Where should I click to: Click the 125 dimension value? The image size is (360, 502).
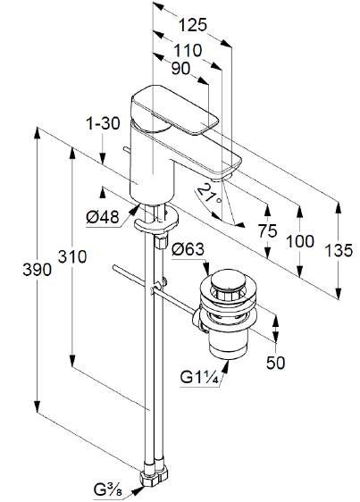(192, 25)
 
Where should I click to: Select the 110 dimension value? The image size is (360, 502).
(188, 50)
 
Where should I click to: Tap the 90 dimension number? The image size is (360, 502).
(180, 68)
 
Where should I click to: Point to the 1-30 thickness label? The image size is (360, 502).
(103, 123)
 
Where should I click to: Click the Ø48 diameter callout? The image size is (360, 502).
(102, 217)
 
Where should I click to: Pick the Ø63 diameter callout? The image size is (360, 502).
(188, 249)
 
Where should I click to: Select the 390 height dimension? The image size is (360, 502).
(38, 270)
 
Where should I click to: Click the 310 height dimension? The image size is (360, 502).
(72, 256)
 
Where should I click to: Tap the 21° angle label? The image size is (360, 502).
(209, 195)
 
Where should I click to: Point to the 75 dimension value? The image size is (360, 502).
(268, 230)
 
